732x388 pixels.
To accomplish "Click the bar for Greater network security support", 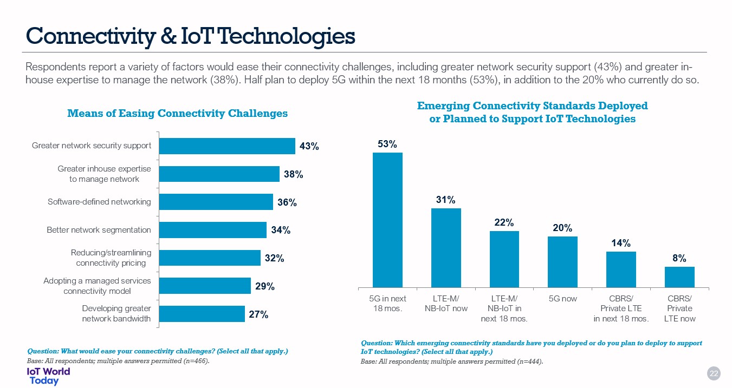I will tap(226, 146).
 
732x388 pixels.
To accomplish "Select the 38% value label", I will tap(293, 174).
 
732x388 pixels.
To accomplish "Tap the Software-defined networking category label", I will tap(99, 202).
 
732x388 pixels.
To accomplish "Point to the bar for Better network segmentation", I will tap(212, 230).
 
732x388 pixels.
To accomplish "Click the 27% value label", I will tap(258, 314).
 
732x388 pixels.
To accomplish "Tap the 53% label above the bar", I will tap(387, 144).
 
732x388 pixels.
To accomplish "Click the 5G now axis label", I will tap(562, 299).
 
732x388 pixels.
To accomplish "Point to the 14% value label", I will tap(621, 244).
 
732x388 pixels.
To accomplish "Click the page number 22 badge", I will tap(714, 373).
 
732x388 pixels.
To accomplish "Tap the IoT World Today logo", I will tap(48, 376).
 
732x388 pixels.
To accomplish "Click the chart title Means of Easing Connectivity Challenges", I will tap(177, 113).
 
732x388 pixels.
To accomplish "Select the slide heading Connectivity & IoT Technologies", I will tap(191, 36).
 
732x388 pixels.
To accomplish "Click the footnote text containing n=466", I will tap(118, 361).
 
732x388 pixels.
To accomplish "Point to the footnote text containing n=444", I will tap(452, 361).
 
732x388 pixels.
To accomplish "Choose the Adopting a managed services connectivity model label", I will tap(97, 286).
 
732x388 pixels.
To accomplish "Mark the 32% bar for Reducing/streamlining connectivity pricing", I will tap(209, 258).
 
